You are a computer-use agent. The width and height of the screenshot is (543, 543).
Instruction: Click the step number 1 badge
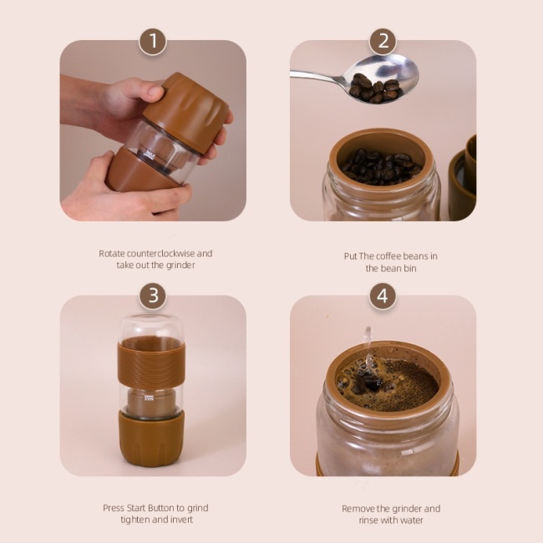point(152,41)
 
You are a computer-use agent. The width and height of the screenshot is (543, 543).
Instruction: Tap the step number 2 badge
point(383,41)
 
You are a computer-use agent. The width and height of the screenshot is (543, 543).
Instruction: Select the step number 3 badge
point(152,296)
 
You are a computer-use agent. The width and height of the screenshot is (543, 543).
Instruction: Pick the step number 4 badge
point(383,296)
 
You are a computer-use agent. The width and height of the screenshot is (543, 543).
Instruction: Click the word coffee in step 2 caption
point(397,256)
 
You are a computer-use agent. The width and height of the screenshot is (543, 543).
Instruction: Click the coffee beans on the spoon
point(374,87)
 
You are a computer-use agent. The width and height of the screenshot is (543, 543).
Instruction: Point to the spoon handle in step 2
point(317,74)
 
